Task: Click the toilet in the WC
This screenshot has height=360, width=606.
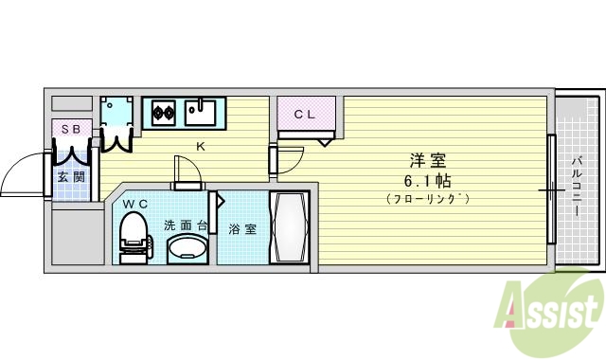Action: pos(134,233)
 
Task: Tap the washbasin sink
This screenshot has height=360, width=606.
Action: pos(187,248)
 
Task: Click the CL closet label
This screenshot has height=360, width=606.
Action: pos(305,114)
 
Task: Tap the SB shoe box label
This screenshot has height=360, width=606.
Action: pos(72,129)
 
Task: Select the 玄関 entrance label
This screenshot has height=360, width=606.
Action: pos(71,176)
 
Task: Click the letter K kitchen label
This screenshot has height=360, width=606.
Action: pos(201,146)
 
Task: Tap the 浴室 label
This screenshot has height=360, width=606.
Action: pos(242,228)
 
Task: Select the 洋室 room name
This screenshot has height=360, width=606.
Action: pos(428,160)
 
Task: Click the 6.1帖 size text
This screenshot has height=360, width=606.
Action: pos(428,180)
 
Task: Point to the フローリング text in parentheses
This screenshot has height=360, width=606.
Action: pos(428,199)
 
